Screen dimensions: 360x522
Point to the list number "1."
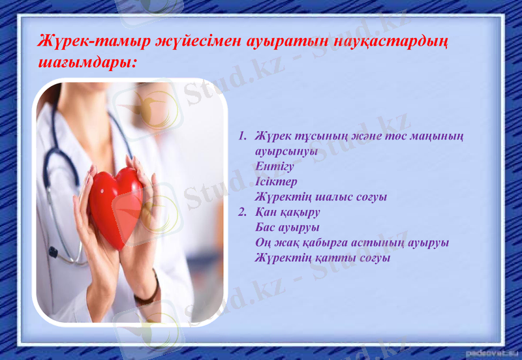pyautogui.click(x=242, y=137)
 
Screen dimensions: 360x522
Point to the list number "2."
pyautogui.click(x=242, y=212)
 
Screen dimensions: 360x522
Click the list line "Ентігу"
pyautogui.click(x=275, y=166)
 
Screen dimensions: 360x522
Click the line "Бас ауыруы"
pyautogui.click(x=288, y=227)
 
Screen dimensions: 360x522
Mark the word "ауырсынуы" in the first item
pyautogui.click(x=287, y=151)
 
